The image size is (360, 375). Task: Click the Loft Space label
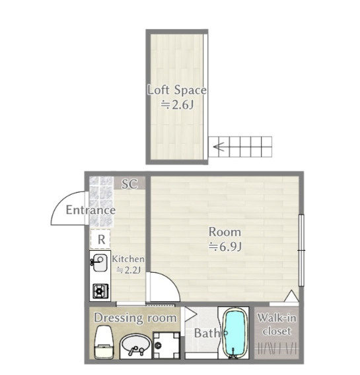[x=177, y=90]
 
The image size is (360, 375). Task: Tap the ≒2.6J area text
[x=177, y=105]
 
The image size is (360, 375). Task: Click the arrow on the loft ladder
[x=219, y=147]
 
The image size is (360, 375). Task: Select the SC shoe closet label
[x=129, y=184]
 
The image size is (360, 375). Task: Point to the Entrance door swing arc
[x=61, y=201]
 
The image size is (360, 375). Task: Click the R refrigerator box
[x=100, y=239]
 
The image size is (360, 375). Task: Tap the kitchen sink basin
[x=100, y=263]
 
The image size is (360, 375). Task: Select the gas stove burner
[x=100, y=290]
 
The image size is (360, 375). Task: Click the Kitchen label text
[x=128, y=259]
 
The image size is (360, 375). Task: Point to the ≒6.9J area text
[x=225, y=246]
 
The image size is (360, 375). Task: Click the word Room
[x=225, y=232]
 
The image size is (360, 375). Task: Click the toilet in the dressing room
[x=104, y=342]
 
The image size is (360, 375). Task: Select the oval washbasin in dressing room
[x=136, y=344]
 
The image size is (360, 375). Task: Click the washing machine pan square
[x=166, y=345]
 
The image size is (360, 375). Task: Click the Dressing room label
[x=135, y=318]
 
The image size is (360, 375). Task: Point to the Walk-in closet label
[x=277, y=325]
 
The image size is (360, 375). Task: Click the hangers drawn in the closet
[x=277, y=348]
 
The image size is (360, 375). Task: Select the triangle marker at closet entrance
[x=291, y=296]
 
